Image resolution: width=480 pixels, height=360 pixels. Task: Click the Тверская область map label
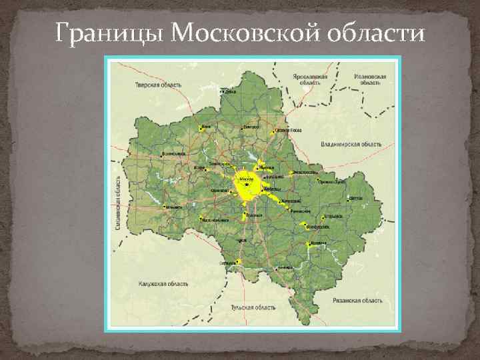tap(158, 85)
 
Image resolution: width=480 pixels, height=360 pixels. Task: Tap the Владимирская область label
tap(351, 144)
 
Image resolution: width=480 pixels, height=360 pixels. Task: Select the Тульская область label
tap(253, 307)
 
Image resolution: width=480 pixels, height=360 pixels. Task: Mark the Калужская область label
tap(163, 283)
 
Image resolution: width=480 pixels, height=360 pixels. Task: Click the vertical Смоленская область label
tap(118, 203)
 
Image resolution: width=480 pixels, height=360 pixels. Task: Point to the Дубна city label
tap(230, 91)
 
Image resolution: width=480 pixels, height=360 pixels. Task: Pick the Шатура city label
tap(356, 198)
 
